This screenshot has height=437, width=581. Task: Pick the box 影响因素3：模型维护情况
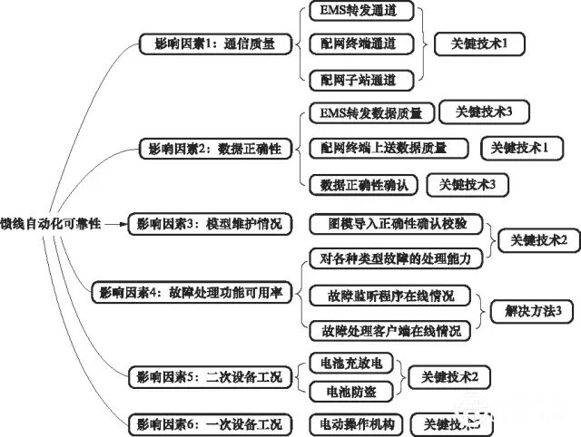[210, 222]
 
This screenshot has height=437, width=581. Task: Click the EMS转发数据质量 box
[365, 113]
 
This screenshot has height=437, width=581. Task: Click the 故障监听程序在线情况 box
[391, 295]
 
